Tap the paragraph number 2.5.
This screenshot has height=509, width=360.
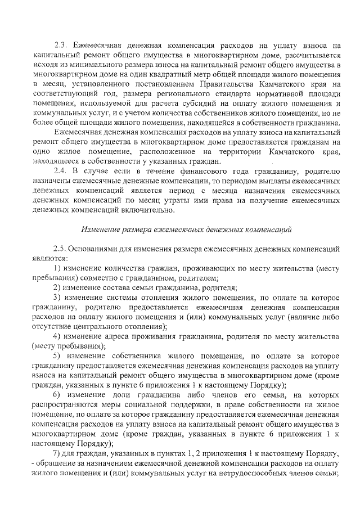coord(59,249)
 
